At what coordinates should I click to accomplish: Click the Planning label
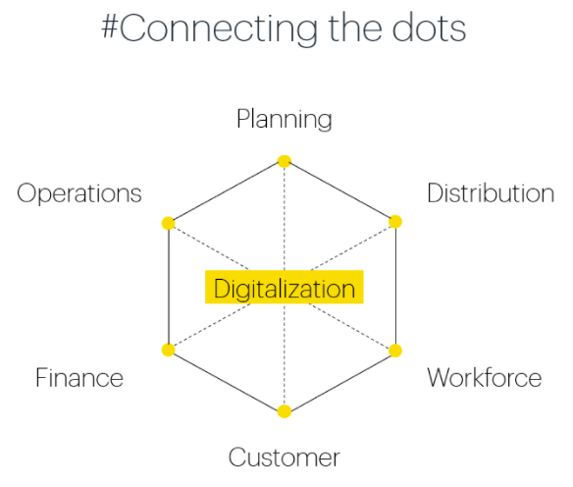tap(285, 119)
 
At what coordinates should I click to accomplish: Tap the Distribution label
tap(491, 192)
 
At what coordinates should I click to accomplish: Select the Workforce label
tap(485, 377)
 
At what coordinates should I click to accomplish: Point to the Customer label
tap(285, 457)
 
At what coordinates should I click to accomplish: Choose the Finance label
tap(79, 377)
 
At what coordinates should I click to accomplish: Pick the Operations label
tap(79, 193)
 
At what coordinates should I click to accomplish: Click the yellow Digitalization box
tap(285, 287)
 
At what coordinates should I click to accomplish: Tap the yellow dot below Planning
tap(285, 161)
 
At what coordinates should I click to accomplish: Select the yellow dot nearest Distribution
tap(395, 222)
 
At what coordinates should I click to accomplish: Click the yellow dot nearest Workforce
tap(395, 351)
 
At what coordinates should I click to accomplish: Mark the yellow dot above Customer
tap(285, 411)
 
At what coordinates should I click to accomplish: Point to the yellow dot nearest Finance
tap(168, 350)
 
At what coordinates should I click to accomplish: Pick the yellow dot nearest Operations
tap(168, 223)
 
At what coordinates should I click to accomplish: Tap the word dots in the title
tap(429, 27)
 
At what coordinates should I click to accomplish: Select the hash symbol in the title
tap(109, 27)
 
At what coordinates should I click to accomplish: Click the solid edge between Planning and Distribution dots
tap(339, 191)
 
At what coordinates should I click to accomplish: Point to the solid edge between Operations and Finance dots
tap(169, 287)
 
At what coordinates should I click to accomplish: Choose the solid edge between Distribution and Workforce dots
tap(395, 286)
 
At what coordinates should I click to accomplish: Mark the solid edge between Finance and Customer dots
tap(227, 381)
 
